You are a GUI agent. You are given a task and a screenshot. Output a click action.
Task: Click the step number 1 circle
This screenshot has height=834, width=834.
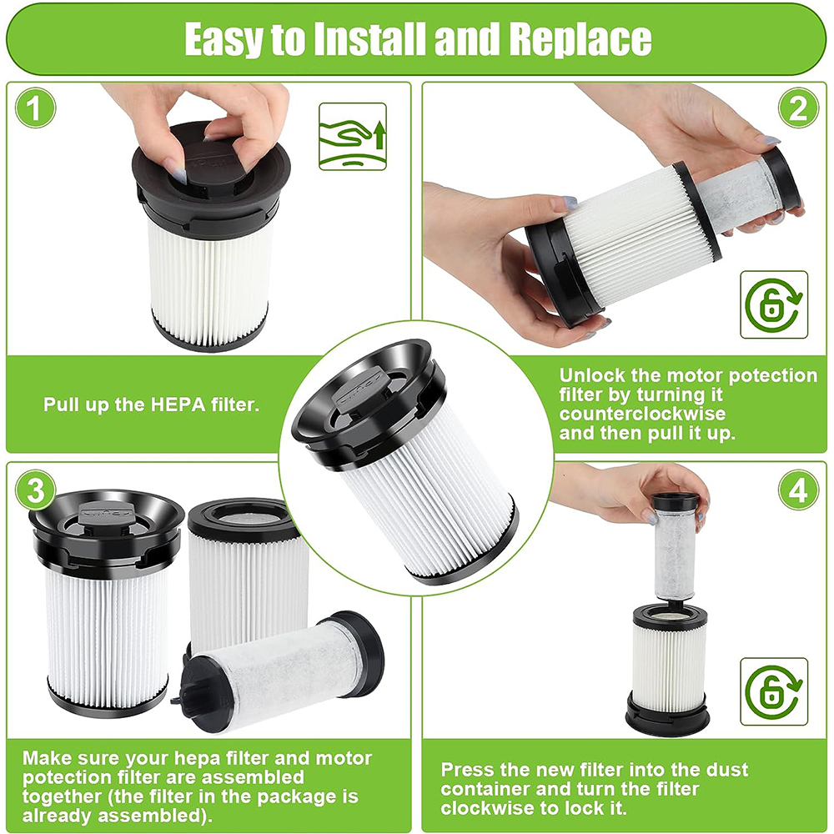coord(35,108)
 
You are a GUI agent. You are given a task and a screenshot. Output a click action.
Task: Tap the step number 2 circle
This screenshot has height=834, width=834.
coord(798,108)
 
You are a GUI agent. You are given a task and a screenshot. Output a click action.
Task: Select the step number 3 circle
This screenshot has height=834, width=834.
coord(35,490)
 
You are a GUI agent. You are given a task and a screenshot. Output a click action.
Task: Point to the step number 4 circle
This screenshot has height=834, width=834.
coord(798,490)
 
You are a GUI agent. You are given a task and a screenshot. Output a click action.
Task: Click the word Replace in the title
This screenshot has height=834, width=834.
coord(580,39)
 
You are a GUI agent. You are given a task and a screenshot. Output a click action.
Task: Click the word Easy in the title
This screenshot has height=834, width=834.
coord(224,40)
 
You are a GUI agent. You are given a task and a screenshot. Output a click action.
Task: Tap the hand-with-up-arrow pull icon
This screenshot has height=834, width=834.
coord(353,137)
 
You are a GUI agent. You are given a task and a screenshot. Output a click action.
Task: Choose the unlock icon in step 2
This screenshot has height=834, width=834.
coord(774,304)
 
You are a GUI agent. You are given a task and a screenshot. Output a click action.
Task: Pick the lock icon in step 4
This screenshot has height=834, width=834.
coord(774,691)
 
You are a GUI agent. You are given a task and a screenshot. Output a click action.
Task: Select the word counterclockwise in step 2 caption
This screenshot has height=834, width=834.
coord(642,414)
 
